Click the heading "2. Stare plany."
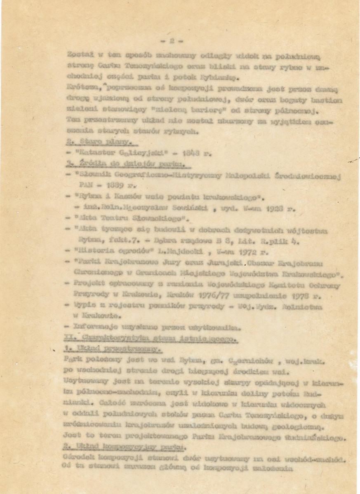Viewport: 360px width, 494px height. [x=87, y=142]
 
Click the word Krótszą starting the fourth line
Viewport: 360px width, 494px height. [x=78, y=88]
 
